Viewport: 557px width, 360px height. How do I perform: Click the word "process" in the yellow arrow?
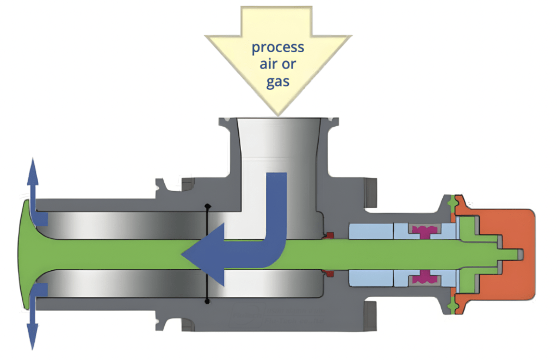277,47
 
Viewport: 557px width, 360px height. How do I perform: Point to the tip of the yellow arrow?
278,114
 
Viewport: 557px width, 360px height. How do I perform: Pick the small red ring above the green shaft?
329,235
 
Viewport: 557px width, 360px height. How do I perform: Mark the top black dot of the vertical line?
207,206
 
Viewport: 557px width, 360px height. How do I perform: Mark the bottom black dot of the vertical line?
207,301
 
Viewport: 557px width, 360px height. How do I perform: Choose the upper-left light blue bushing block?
370,231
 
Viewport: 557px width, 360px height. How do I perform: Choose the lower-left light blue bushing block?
370,278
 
